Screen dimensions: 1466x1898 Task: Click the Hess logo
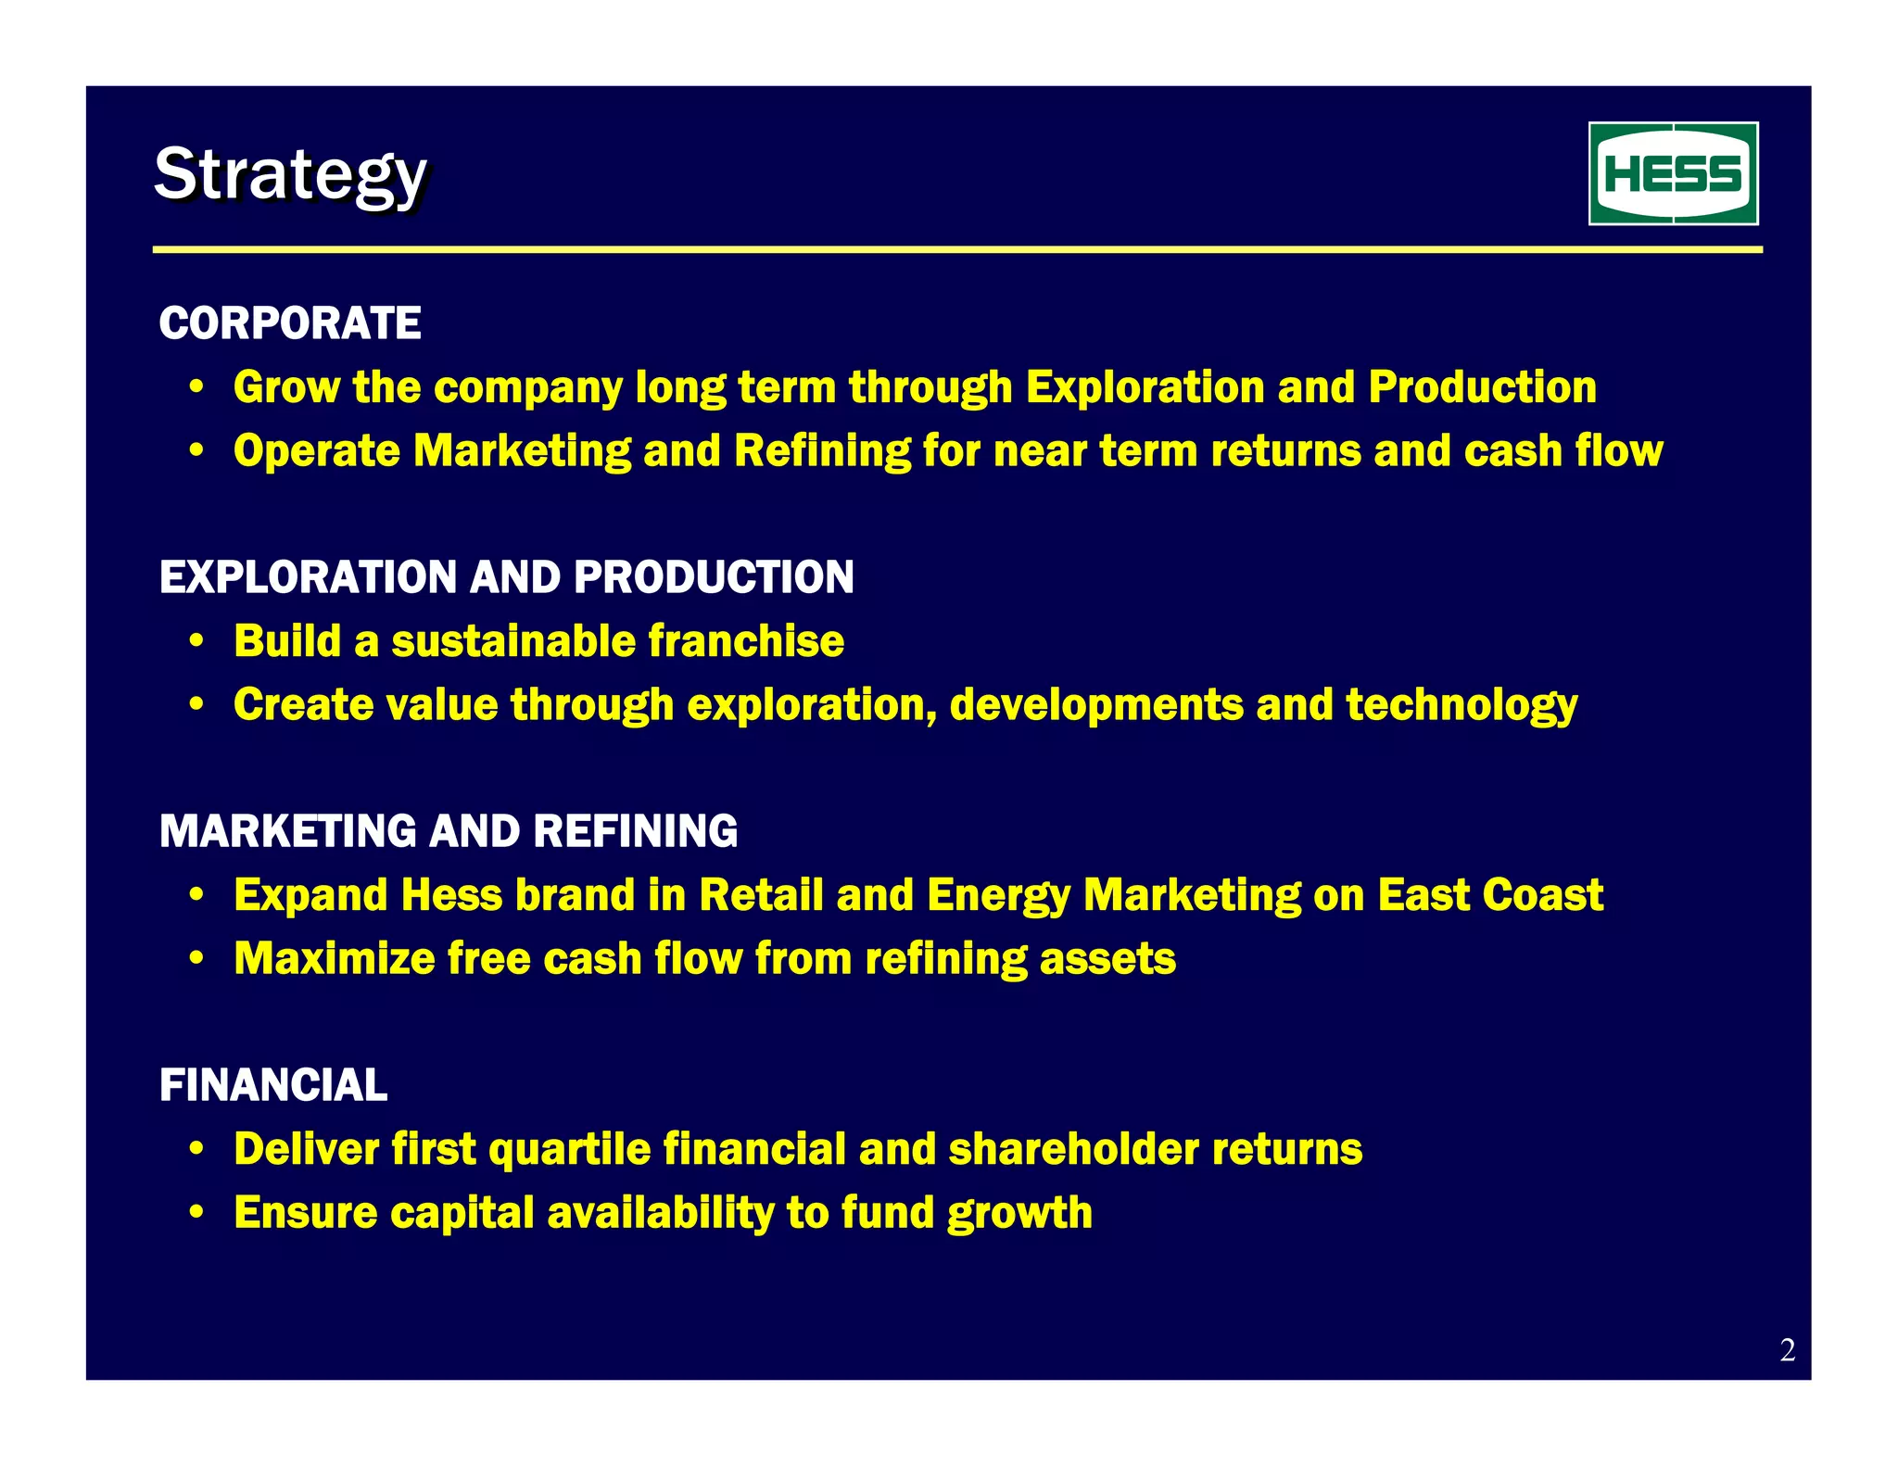[1673, 173]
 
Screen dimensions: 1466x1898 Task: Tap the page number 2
[1787, 1349]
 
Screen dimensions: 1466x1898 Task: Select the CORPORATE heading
[290, 323]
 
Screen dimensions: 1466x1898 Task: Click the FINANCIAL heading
[273, 1085]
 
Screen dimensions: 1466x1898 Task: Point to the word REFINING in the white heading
[636, 831]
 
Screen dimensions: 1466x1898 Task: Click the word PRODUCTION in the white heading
[714, 577]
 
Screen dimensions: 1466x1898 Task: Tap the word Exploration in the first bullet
[1145, 387]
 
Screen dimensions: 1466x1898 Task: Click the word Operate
[316, 451]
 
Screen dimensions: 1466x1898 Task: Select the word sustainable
[513, 641]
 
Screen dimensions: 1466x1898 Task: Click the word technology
[1461, 705]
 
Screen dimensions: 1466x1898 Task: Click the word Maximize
[334, 958]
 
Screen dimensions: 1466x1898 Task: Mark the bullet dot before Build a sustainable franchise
[196, 641]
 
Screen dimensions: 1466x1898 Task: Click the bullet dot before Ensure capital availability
[196, 1213]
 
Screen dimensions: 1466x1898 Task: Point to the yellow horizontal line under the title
[956, 249]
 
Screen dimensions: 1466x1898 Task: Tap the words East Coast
[1489, 895]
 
